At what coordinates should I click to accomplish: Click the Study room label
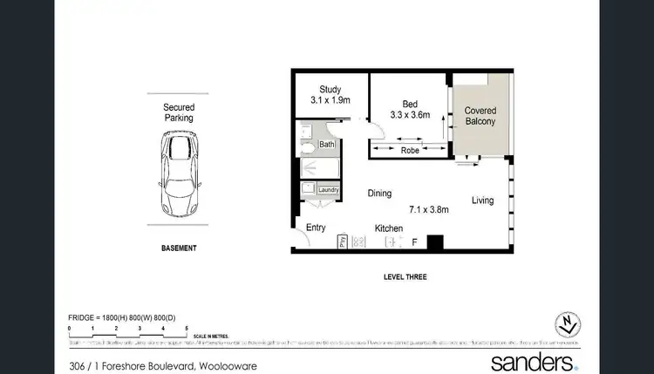coord(330,89)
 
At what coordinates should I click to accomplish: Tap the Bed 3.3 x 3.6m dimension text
coord(410,113)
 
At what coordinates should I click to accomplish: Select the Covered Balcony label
coord(480,116)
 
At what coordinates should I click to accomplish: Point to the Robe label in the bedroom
coord(410,150)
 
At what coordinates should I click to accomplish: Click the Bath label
coord(327,145)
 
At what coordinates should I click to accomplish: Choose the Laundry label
coord(328,190)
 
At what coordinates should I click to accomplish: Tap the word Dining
coord(378,194)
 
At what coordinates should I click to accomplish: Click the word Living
coord(482,201)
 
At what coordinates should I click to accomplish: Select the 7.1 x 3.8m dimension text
coord(429,209)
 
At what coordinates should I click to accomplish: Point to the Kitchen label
coord(388,228)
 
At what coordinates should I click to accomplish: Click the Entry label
coord(316,228)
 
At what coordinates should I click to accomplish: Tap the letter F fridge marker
coord(414,241)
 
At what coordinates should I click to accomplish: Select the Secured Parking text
coord(178,112)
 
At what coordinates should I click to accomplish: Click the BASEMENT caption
coord(178,248)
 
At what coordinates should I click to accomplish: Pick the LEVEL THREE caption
coord(405,277)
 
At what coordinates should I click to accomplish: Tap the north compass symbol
coord(569,324)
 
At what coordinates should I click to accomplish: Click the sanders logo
coord(534,361)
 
